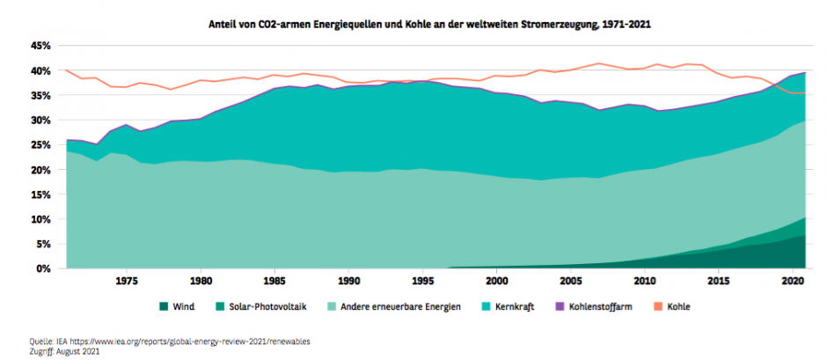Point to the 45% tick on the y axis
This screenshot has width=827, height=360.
pyautogui.click(x=40, y=46)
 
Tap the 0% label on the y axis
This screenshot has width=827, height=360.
pyautogui.click(x=44, y=268)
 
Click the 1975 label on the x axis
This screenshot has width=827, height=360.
pyautogui.click(x=127, y=282)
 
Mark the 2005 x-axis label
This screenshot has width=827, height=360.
pyautogui.click(x=572, y=282)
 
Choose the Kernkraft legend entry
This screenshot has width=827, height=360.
pyautogui.click(x=515, y=306)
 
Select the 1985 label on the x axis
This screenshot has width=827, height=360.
pyautogui.click(x=275, y=282)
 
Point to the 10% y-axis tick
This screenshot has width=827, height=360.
pyautogui.click(x=40, y=219)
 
